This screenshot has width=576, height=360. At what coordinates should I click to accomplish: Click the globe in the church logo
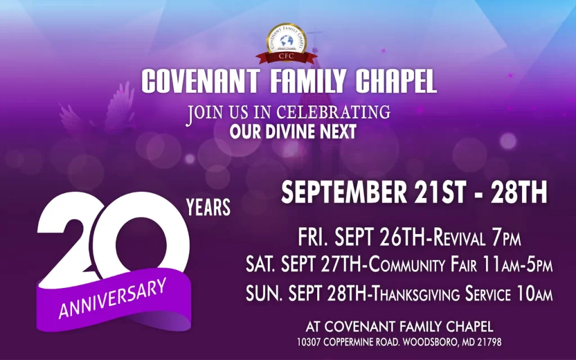click(286, 41)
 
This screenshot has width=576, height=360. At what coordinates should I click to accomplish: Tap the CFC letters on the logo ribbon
click(286, 56)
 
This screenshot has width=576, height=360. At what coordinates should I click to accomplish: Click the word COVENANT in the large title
click(201, 81)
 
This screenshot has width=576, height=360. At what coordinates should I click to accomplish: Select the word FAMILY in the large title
click(308, 81)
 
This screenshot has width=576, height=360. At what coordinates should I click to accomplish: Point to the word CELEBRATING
click(333, 112)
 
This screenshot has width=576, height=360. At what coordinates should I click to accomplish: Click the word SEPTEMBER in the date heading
click(344, 192)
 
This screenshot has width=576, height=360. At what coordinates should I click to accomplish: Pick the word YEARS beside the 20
click(208, 207)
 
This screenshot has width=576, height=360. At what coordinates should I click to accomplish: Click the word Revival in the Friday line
click(459, 237)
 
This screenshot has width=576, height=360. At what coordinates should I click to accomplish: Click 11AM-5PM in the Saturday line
click(517, 264)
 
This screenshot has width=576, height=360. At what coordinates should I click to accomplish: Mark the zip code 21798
click(489, 343)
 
